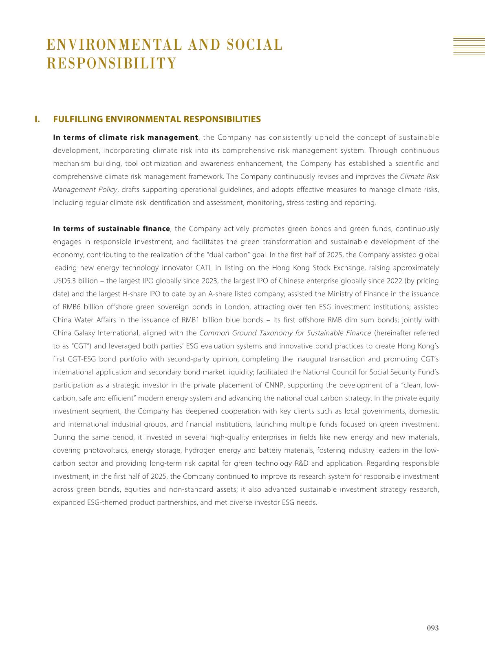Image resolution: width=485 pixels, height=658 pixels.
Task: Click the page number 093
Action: (432, 628)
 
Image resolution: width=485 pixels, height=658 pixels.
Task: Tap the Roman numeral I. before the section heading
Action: (37, 119)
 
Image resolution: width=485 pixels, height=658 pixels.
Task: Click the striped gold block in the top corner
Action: (469, 45)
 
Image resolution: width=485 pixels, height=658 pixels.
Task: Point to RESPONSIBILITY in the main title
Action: (112, 64)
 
